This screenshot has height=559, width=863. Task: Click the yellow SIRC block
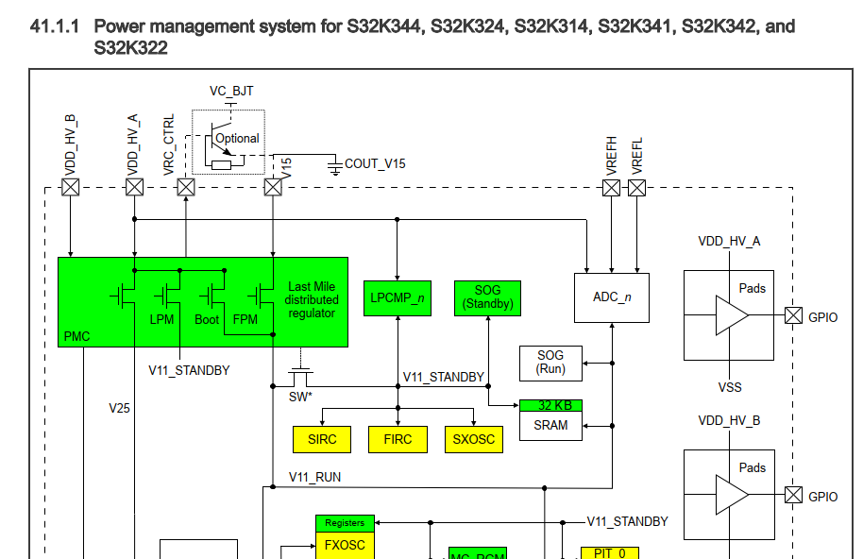322,439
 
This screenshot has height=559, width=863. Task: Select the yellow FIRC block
398,439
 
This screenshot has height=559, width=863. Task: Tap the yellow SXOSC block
473,439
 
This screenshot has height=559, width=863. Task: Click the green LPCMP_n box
397,297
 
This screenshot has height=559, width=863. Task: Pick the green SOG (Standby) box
488,297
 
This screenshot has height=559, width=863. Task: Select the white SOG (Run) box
550,362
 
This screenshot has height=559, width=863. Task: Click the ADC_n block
612,297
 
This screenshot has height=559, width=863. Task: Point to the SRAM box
550,426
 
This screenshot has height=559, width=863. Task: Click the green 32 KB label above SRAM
550,405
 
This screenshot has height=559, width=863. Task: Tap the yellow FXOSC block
345,545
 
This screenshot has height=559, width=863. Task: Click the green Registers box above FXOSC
345,522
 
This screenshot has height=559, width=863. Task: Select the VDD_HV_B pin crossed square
71,187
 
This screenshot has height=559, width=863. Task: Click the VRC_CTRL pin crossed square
186,187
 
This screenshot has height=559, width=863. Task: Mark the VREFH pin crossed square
612,187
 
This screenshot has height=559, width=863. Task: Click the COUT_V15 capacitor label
375,163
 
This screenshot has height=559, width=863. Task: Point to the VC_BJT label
231,92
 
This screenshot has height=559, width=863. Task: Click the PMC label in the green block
76,336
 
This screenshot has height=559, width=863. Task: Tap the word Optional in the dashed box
237,138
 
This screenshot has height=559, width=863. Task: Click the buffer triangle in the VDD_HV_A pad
730,315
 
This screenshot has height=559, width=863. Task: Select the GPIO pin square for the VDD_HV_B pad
793,496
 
